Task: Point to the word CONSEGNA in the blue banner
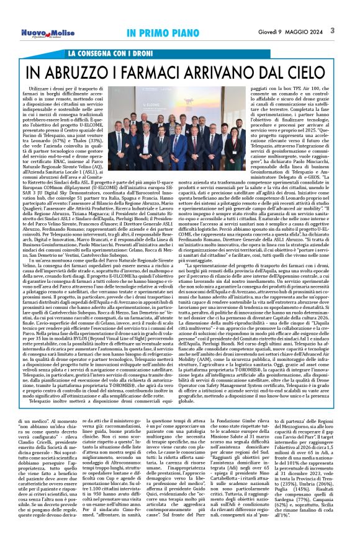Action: pos(100,54)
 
